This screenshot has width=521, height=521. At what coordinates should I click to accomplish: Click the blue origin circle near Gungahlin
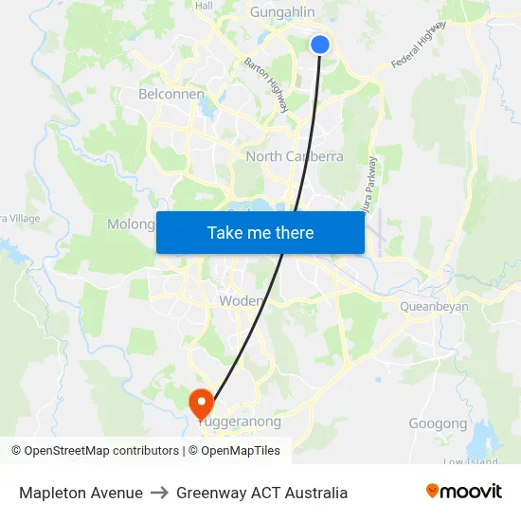click(320, 44)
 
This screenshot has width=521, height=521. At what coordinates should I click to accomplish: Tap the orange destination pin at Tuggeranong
click(202, 403)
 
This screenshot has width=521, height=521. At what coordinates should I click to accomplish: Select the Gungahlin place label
click(281, 12)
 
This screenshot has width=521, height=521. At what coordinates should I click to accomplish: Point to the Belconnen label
click(171, 95)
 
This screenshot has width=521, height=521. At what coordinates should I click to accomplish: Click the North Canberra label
click(295, 156)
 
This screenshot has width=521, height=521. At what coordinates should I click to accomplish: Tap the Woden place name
click(241, 300)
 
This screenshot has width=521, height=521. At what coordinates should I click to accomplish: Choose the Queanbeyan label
click(434, 306)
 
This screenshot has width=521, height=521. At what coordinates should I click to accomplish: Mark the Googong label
click(438, 423)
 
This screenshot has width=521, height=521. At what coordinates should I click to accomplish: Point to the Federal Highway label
click(418, 45)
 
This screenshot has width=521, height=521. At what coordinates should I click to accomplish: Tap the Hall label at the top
click(204, 6)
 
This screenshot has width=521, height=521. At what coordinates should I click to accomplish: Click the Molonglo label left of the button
click(131, 225)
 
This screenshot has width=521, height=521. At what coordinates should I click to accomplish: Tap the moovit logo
click(463, 492)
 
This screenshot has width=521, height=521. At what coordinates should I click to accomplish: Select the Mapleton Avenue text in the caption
click(81, 493)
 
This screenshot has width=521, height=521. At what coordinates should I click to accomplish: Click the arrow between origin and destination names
click(159, 493)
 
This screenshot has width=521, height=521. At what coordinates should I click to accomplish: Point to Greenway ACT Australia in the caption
click(261, 493)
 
